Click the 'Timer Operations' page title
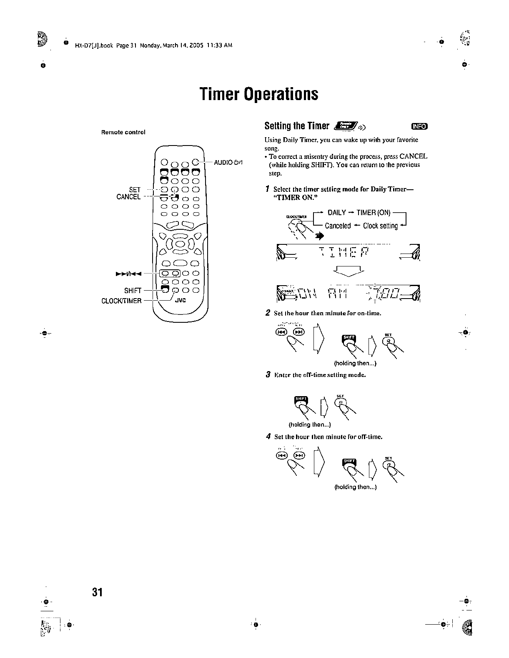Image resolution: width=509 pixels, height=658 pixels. point(258,94)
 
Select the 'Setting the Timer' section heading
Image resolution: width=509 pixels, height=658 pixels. point(297,126)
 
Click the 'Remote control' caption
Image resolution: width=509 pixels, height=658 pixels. point(123,132)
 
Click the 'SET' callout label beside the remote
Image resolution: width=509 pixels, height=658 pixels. point(135,190)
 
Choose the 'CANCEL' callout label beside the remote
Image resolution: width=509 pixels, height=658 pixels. point(128,197)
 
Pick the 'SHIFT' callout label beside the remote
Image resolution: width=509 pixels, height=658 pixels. point(133,291)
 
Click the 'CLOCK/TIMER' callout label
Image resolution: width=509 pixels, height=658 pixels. point(121,301)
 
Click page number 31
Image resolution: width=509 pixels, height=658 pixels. point(98,592)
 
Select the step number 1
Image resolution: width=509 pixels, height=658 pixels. point(267,189)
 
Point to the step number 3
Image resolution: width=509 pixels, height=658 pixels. point(268,374)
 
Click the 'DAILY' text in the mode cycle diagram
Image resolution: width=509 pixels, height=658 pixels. point(337,213)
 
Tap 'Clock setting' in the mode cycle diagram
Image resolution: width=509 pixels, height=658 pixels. point(380,226)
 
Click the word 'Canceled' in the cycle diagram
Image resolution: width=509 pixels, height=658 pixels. point(338,226)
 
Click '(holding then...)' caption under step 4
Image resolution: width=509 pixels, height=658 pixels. point(356,487)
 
